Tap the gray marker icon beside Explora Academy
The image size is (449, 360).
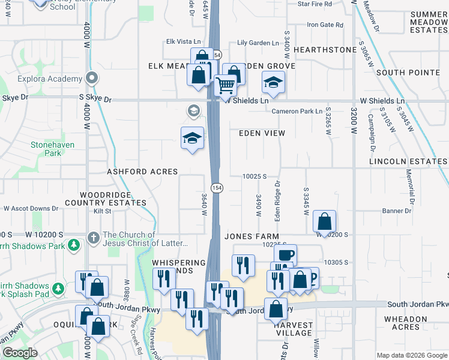91,79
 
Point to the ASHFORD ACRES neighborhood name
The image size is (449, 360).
142,172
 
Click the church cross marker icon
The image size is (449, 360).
93,238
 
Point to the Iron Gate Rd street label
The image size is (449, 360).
325,25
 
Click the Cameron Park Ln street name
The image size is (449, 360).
297,112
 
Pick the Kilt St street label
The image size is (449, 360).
102,211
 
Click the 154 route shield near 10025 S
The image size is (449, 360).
217,188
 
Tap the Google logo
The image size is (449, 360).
20,353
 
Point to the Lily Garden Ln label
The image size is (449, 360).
258,43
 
